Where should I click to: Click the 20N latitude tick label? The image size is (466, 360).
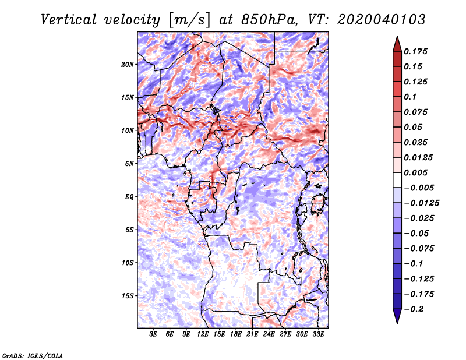pos(128,65)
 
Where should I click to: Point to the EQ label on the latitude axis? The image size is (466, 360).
pos(129,197)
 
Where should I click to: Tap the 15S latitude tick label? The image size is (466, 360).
pos(128,296)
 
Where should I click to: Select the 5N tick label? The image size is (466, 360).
pos(129,164)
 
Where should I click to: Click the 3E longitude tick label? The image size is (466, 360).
pos(153,334)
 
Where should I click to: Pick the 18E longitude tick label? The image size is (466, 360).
pos(236,334)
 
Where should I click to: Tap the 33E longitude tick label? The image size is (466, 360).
pos(318,334)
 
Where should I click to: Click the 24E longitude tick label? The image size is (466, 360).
pos(269,334)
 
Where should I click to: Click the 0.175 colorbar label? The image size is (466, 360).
pos(415,51)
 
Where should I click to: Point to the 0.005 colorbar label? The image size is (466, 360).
pos(415,172)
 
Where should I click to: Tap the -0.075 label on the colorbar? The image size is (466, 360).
pos(419,249)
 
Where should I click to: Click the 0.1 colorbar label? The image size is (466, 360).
pos(410,97)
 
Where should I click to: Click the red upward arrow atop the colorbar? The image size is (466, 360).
pos(397,44)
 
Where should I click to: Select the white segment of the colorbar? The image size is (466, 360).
pos(397,180)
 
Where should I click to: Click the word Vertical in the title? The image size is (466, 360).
pos(69,20)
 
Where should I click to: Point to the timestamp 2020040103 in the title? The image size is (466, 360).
pos(382,20)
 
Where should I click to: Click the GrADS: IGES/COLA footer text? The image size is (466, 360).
pos(33,355)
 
